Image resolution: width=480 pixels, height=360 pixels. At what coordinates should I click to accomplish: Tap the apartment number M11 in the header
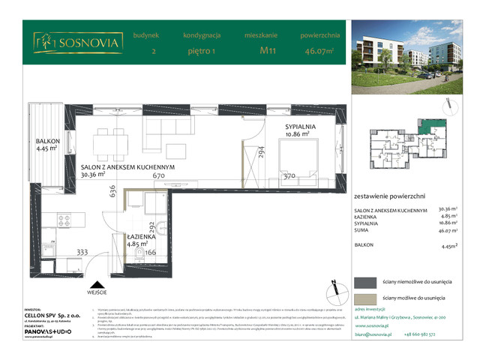[x=266, y=52]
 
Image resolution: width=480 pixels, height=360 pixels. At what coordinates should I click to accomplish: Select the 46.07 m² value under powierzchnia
[x=320, y=52]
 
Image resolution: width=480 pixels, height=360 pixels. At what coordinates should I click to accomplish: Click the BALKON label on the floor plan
[x=50, y=140]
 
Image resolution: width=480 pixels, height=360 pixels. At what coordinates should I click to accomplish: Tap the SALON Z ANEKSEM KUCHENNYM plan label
[x=127, y=168]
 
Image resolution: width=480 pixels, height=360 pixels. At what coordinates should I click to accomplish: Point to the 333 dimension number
[x=82, y=252]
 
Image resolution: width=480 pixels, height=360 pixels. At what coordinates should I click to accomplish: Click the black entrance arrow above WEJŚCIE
[x=96, y=284]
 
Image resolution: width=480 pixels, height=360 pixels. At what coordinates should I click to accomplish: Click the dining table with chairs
[x=109, y=139]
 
